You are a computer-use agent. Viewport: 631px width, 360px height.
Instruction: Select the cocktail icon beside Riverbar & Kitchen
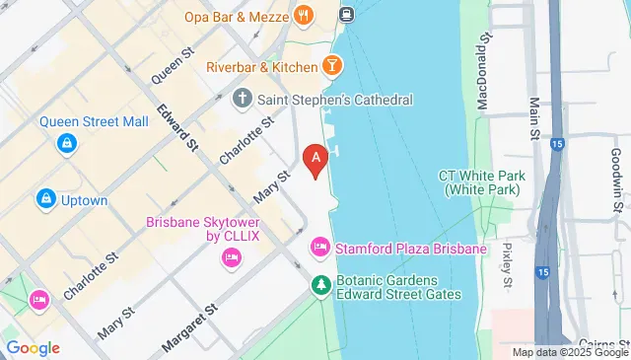click(333, 66)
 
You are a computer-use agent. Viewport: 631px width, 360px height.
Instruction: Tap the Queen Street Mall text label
click(94, 122)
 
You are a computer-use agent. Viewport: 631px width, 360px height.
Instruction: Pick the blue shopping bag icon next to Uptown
click(45, 200)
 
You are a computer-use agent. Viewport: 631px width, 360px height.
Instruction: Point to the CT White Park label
click(481, 181)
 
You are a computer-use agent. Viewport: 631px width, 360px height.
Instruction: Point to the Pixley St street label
click(508, 265)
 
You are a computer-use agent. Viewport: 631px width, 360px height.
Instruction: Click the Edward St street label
click(176, 126)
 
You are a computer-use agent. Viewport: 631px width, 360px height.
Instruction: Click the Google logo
click(33, 348)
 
